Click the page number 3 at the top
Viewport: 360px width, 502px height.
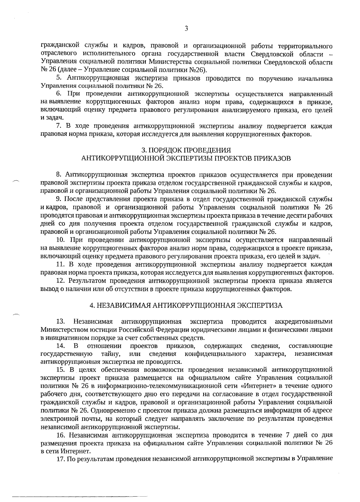point(186,29)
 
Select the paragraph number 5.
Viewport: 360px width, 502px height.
point(59,79)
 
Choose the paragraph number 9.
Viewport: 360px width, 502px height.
point(59,199)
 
